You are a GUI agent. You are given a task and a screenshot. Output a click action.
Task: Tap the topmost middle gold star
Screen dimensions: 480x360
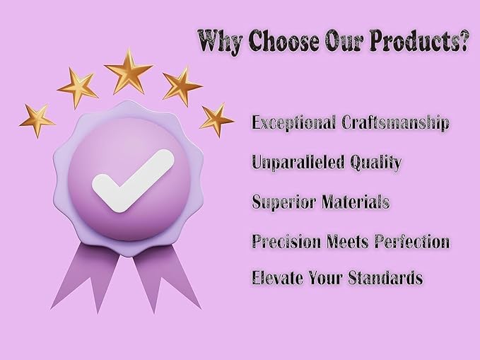point(129,72)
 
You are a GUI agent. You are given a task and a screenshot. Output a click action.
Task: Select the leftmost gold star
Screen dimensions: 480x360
point(37,120)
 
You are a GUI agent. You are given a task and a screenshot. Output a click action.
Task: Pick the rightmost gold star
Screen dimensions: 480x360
point(216,120)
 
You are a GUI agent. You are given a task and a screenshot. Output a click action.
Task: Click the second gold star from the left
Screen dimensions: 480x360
point(78,88)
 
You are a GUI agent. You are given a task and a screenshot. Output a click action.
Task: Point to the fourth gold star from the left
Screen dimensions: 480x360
point(181,86)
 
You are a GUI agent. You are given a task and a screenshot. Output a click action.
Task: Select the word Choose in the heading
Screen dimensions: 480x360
point(284,40)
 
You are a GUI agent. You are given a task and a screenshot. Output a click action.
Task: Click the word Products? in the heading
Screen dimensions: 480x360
point(418,40)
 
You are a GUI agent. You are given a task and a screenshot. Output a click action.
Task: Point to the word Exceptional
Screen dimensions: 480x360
point(293,123)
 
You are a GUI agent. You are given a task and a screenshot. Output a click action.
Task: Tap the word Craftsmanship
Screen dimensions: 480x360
point(395,123)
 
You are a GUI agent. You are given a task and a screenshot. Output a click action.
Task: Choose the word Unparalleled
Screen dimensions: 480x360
point(298,163)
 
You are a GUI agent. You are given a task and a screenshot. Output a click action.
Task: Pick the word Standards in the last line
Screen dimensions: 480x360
point(386,277)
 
